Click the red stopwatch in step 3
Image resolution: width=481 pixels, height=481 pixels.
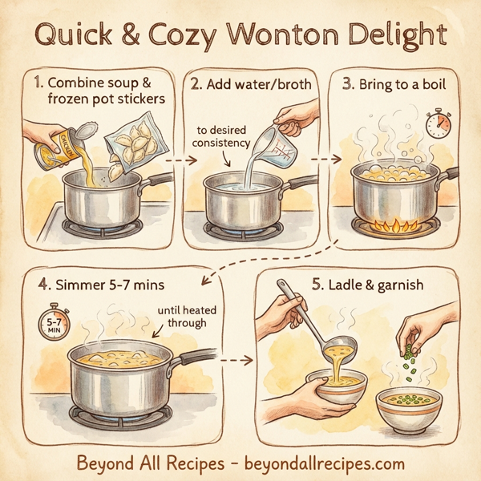click(x=437, y=123)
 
